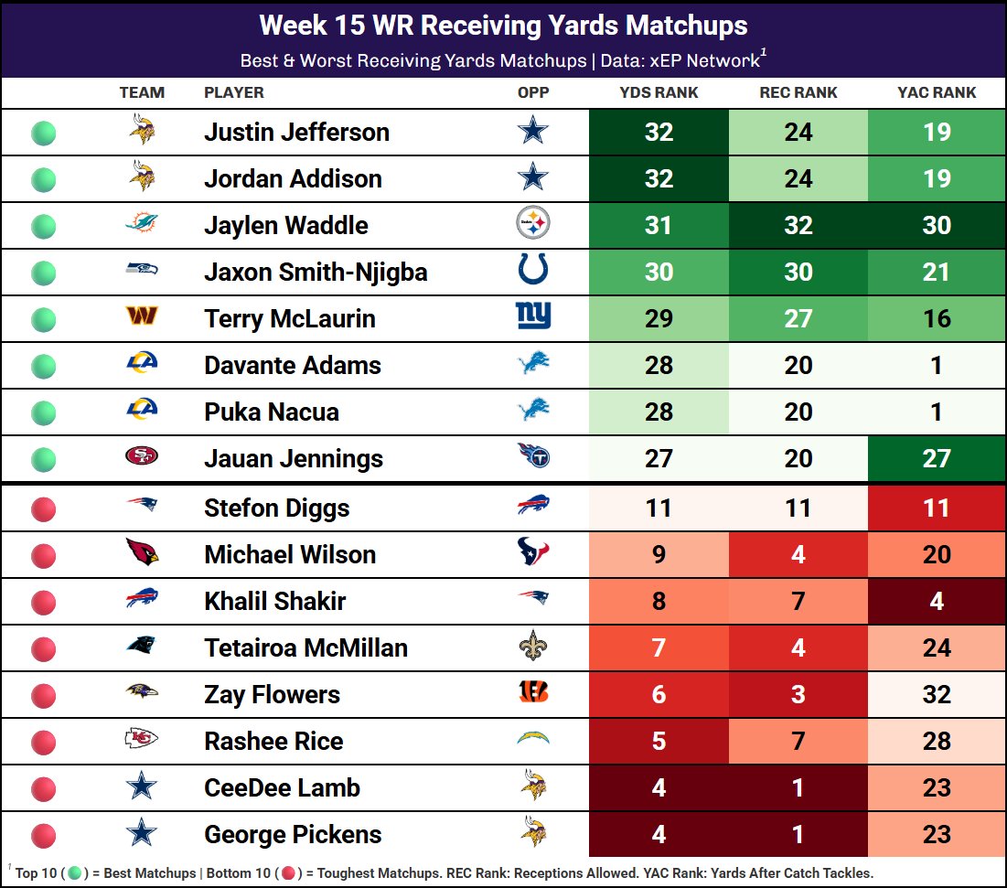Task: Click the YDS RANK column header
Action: (x=659, y=92)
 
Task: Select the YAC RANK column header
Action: (x=937, y=92)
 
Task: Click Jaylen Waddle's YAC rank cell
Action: (x=937, y=225)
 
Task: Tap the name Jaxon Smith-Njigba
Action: (x=316, y=272)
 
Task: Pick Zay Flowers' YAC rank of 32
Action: (x=937, y=694)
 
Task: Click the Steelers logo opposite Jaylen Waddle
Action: (x=533, y=224)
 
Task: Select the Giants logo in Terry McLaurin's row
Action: (x=533, y=317)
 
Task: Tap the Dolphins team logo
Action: (x=142, y=224)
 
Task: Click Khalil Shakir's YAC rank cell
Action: (x=937, y=601)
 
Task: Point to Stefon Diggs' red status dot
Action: (x=44, y=509)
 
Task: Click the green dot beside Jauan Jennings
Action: (x=44, y=459)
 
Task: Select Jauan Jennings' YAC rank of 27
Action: (x=937, y=458)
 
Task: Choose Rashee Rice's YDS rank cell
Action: (x=659, y=741)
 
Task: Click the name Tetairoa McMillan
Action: (x=305, y=647)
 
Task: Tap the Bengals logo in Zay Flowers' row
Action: (x=533, y=693)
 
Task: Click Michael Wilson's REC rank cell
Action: (x=798, y=554)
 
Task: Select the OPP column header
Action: (x=533, y=92)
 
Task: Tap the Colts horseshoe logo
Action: (x=533, y=271)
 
